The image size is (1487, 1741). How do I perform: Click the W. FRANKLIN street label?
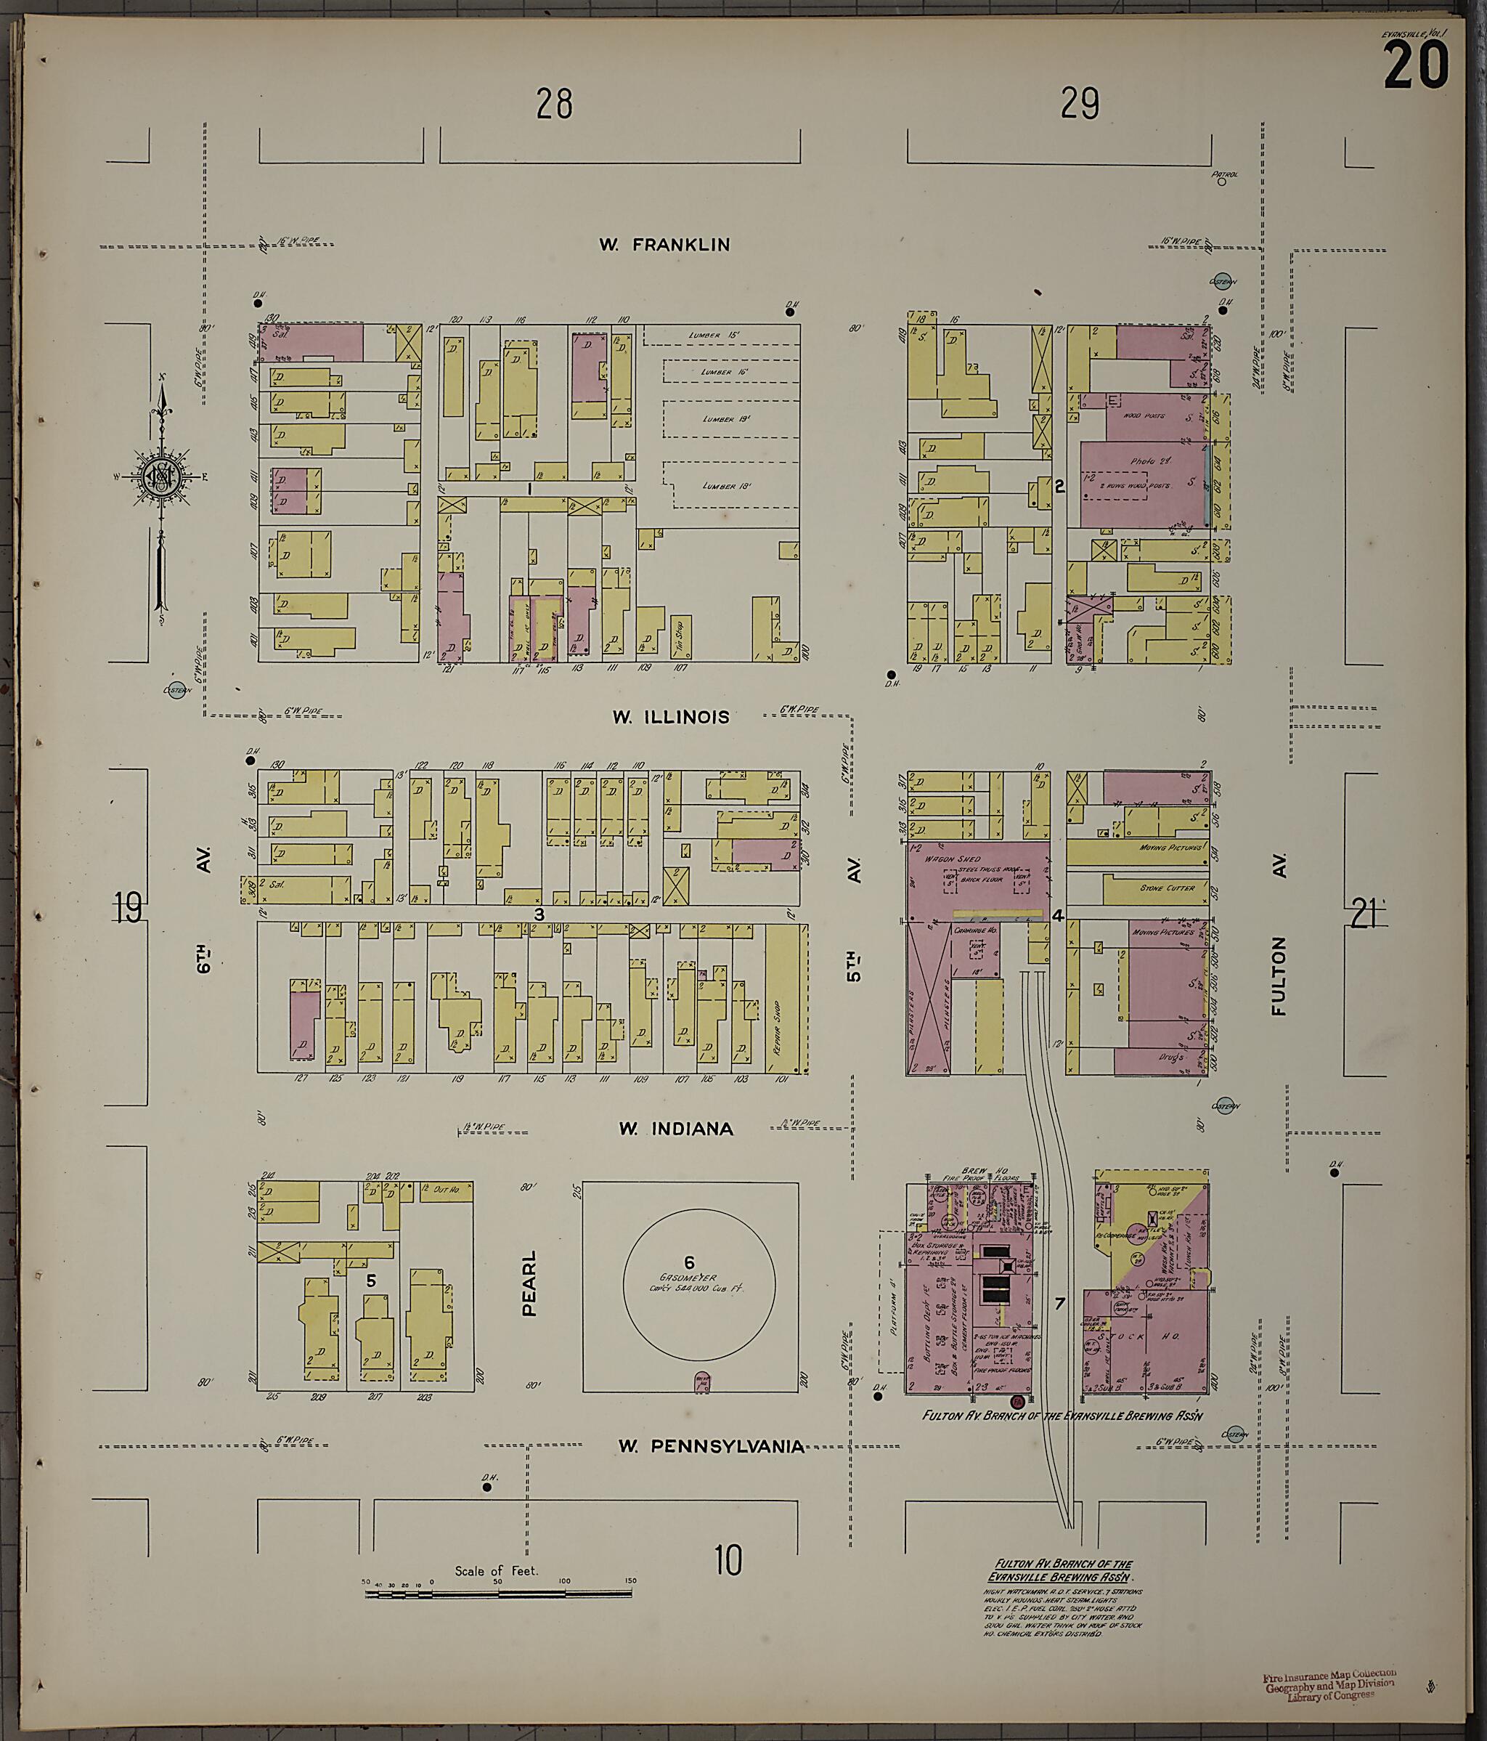[664, 245]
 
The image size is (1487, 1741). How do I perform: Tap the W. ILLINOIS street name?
[670, 717]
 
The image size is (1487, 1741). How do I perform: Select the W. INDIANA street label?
[675, 1129]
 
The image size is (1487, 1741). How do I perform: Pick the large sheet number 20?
[1416, 68]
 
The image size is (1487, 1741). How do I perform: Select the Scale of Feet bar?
[499, 1593]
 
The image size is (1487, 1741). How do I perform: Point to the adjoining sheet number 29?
[1080, 104]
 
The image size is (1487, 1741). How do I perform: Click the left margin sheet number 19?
[129, 909]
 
